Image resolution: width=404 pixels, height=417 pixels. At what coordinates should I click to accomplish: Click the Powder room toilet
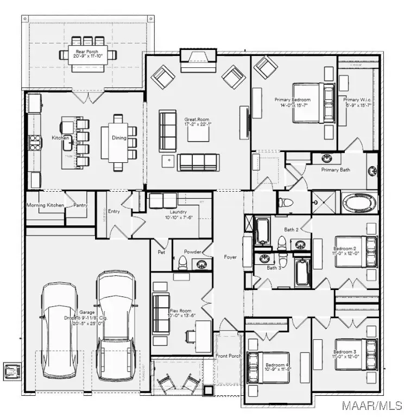pyautogui.click(x=183, y=263)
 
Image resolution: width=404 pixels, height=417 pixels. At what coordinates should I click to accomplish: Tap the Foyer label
pyautogui.click(x=230, y=257)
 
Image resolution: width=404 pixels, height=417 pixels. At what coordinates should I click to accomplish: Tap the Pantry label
pyautogui.click(x=80, y=205)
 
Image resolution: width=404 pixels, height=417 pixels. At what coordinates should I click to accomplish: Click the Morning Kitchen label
pyautogui.click(x=45, y=205)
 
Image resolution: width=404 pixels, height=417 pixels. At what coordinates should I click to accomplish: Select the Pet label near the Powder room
pyautogui.click(x=161, y=252)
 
